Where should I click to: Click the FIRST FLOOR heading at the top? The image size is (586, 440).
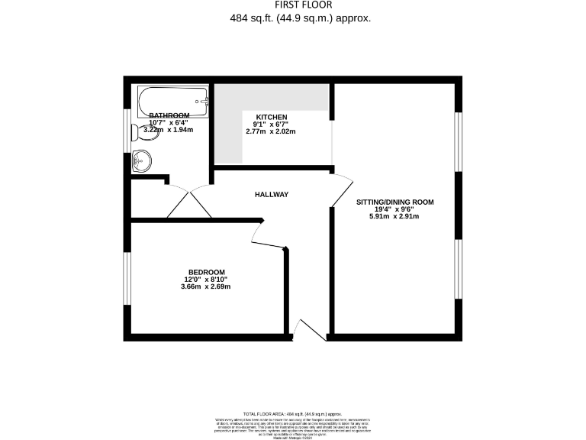point(294,5)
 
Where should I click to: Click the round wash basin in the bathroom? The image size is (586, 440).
point(141,160)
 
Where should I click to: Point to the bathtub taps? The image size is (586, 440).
point(201,99)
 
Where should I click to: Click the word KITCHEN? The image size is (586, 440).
point(271,116)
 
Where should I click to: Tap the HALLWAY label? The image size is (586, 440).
point(271,195)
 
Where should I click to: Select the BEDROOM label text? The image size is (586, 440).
point(207,273)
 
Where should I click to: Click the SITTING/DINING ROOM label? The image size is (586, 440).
point(394,202)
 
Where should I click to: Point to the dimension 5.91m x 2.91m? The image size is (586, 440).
point(394,217)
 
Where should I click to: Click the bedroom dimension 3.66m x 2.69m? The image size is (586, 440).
point(205,287)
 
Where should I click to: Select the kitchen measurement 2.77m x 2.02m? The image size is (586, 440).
point(270,131)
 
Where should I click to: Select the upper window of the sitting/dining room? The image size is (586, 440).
point(458,141)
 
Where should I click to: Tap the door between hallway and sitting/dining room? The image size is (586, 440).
point(341,191)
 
